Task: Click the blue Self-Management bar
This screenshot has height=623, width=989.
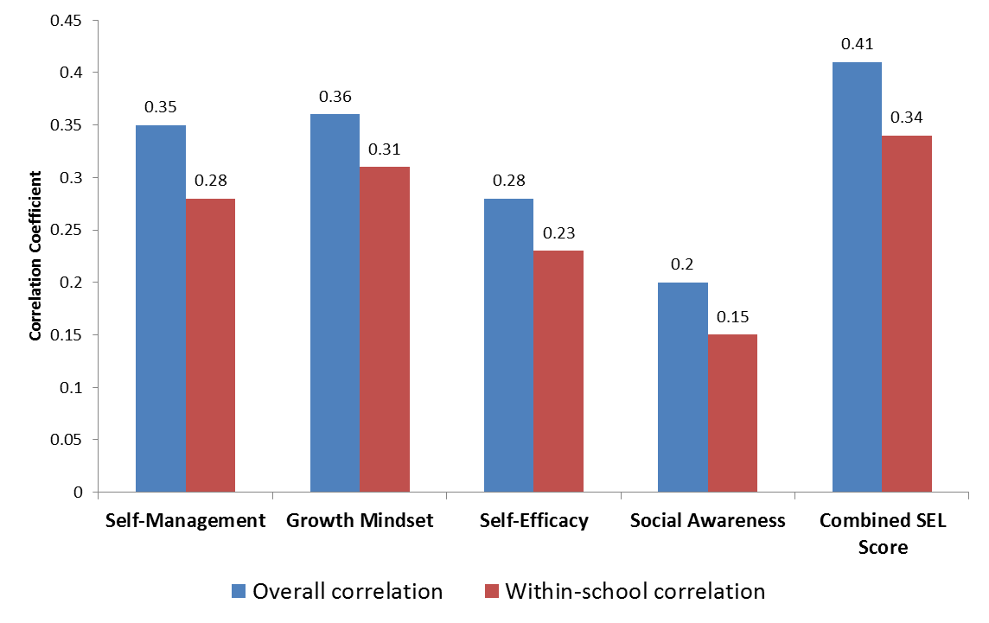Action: pyautogui.click(x=161, y=308)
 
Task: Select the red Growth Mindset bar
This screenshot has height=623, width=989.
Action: pyautogui.click(x=385, y=329)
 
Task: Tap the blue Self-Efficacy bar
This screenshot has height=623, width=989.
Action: pyautogui.click(x=508, y=346)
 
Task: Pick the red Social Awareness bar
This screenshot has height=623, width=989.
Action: pyautogui.click(x=732, y=413)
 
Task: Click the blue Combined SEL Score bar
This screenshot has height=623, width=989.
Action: pyautogui.click(x=857, y=277)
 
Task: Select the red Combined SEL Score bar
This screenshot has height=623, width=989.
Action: pyautogui.click(x=907, y=314)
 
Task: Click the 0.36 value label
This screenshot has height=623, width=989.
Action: pyautogui.click(x=335, y=96)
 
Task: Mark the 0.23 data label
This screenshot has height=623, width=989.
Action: pyautogui.click(x=558, y=232)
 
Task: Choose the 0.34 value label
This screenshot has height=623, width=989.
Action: pyautogui.click(x=907, y=118)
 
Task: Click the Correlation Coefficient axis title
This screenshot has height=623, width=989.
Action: pyautogui.click(x=35, y=256)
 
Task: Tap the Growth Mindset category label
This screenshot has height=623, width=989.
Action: pyautogui.click(x=360, y=520)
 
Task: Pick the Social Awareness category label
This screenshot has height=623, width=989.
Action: pyautogui.click(x=708, y=520)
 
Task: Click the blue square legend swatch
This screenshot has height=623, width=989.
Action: pyautogui.click(x=238, y=591)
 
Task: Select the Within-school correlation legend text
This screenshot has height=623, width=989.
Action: pyautogui.click(x=635, y=591)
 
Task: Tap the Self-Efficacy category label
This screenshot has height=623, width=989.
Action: pyautogui.click(x=533, y=520)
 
